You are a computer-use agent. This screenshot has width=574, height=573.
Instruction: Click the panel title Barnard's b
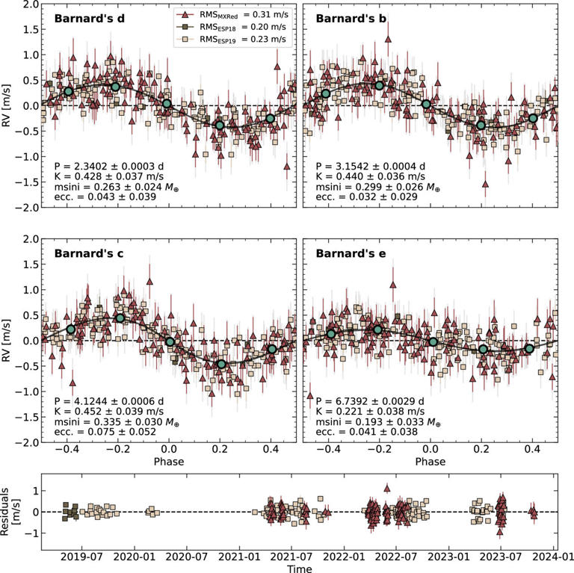coord(351,18)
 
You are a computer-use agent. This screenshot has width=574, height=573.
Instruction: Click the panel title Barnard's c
coord(88,253)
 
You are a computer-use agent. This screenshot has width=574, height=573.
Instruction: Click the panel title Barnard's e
coord(351,253)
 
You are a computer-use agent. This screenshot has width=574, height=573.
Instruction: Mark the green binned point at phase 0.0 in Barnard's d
coord(167,104)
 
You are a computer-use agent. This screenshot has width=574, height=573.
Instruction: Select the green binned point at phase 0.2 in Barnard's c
coord(221,364)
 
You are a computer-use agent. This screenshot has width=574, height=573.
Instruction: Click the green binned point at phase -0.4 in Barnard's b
coord(326,93)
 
